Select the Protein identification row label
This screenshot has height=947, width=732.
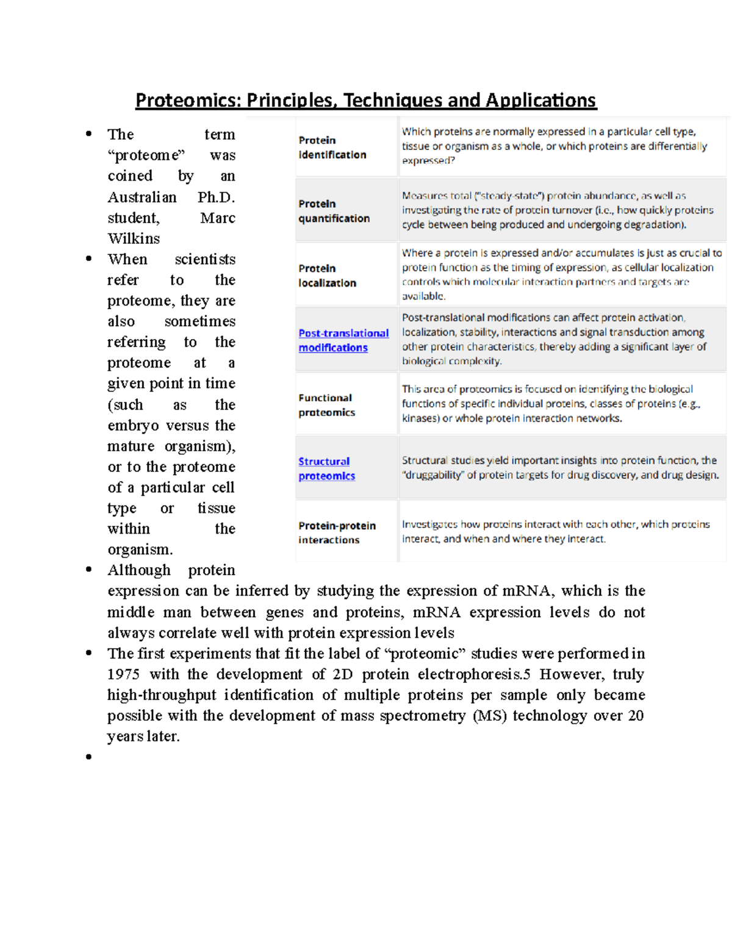pyautogui.click(x=332, y=148)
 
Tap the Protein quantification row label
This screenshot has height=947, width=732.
pyautogui.click(x=334, y=211)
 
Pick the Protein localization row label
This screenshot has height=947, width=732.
pyautogui.click(x=327, y=276)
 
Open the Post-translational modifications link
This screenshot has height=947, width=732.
pyautogui.click(x=343, y=340)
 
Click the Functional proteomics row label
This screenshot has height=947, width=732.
pyautogui.click(x=326, y=405)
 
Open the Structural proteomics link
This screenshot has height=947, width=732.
pyautogui.click(x=326, y=468)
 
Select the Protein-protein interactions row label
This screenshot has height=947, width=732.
pyautogui.click(x=336, y=532)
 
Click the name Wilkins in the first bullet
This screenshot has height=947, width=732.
pyautogui.click(x=134, y=238)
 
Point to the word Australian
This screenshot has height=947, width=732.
pyautogui.click(x=142, y=197)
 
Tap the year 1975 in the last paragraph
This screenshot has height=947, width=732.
pyautogui.click(x=123, y=674)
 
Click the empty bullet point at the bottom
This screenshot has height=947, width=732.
pyautogui.click(x=89, y=757)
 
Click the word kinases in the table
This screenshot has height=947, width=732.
pyautogui.click(x=420, y=418)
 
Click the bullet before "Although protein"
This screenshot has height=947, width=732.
pyautogui.click(x=89, y=570)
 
